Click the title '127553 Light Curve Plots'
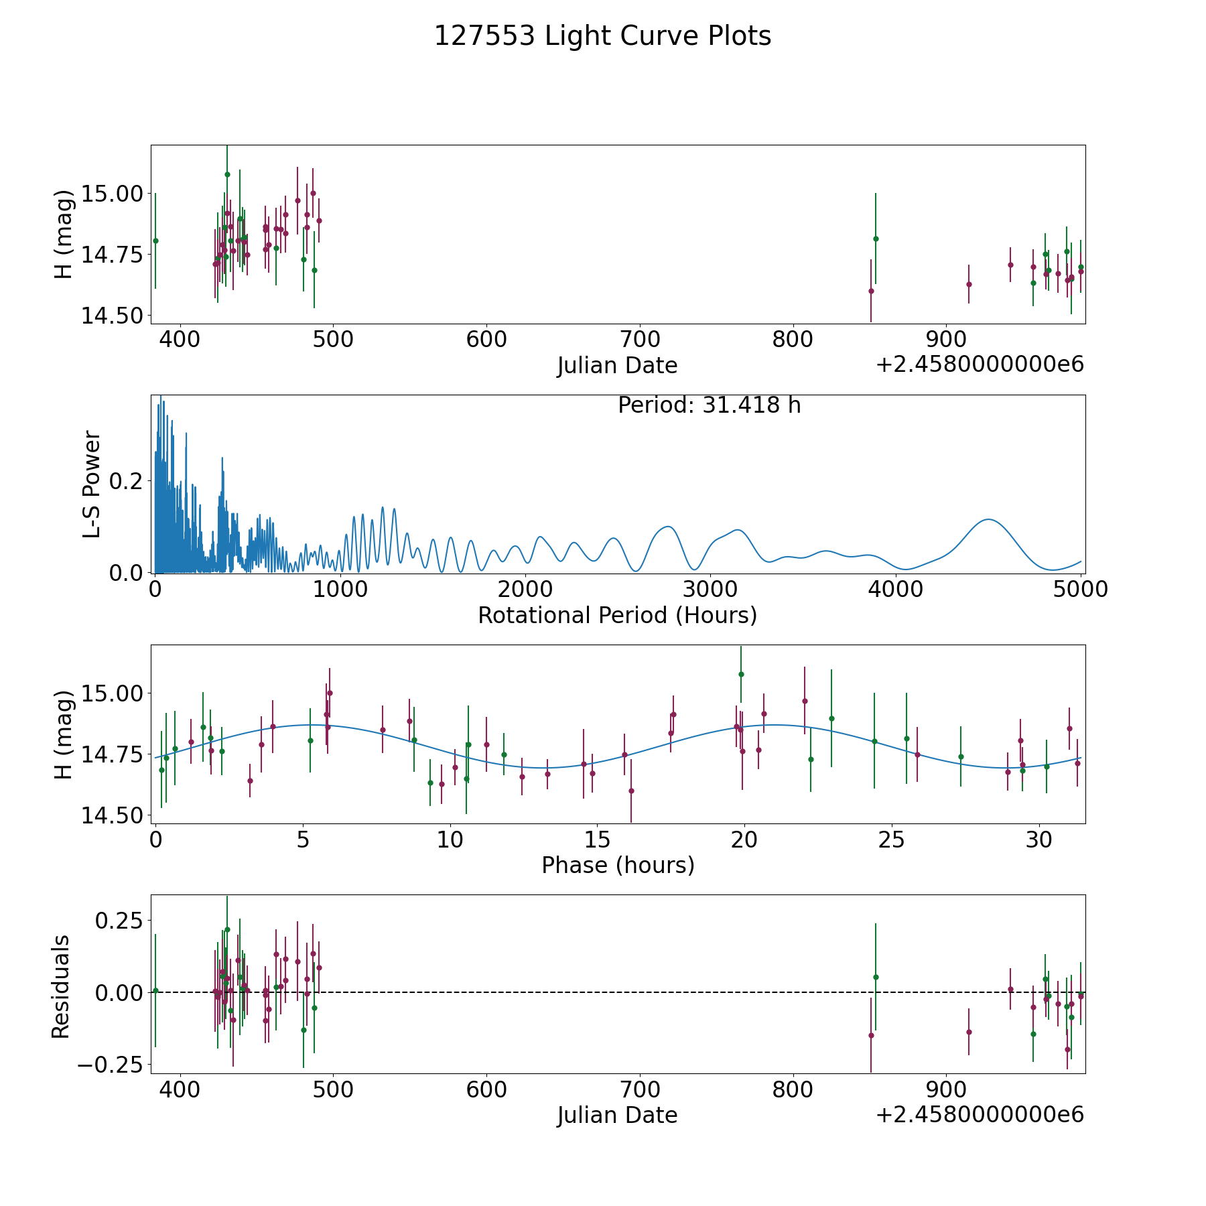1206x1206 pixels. pyautogui.click(x=602, y=36)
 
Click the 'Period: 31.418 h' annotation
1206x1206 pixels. pyautogui.click(x=709, y=405)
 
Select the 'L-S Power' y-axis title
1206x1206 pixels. pyautogui.click(x=92, y=484)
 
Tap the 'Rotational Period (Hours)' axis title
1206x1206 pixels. pyautogui.click(x=617, y=615)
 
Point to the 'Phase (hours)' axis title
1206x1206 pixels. pyautogui.click(x=617, y=865)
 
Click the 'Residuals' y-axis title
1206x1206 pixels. pyautogui.click(x=61, y=986)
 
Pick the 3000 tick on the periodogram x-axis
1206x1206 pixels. pyautogui.click(x=710, y=590)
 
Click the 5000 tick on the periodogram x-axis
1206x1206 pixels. pyautogui.click(x=1080, y=590)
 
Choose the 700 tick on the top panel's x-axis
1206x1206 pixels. pyautogui.click(x=639, y=340)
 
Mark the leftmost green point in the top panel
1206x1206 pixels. pyautogui.click(x=155, y=241)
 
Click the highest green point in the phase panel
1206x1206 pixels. pyautogui.click(x=741, y=674)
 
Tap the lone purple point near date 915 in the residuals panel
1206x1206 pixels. pyautogui.click(x=969, y=1032)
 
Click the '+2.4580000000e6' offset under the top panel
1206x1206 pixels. pyautogui.click(x=980, y=365)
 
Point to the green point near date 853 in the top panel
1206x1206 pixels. pyautogui.click(x=876, y=239)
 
